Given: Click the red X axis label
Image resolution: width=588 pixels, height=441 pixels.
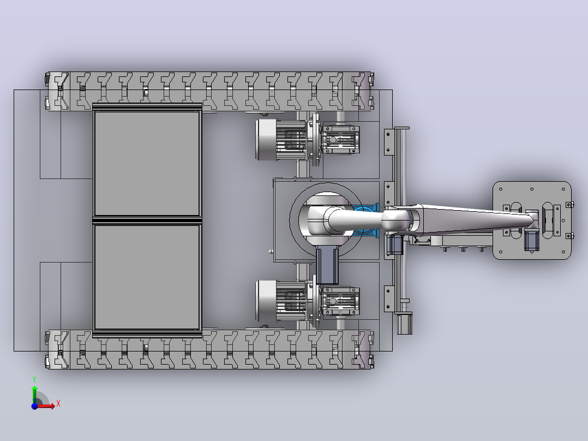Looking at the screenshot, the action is [x=58, y=404].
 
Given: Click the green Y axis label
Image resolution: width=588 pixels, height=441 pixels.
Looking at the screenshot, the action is [x=34, y=379].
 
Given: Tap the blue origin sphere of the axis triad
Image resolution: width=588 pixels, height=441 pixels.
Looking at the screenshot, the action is [x=34, y=406].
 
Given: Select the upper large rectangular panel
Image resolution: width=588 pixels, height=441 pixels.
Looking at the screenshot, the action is [x=147, y=163].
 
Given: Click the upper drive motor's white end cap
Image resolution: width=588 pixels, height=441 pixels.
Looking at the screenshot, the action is [x=266, y=140].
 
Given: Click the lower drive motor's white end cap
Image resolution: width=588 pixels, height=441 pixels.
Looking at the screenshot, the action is [x=266, y=301].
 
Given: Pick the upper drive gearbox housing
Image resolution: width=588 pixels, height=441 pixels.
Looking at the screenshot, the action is [x=341, y=140].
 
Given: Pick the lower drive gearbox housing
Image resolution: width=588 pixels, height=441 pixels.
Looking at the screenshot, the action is [x=341, y=301].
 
